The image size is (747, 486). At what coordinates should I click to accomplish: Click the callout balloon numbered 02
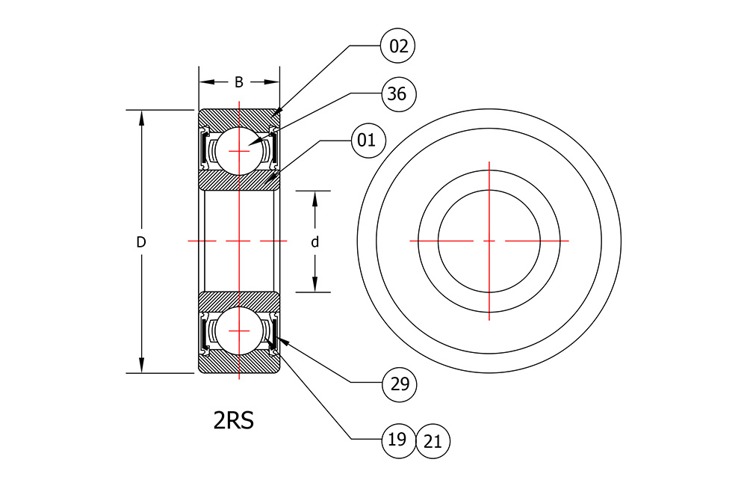point(398,46)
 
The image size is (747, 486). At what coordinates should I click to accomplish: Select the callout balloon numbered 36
point(399,94)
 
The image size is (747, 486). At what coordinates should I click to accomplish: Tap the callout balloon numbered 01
point(368,141)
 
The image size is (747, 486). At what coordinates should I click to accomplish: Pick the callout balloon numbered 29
point(399,384)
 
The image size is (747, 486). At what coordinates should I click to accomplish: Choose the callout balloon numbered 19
point(399,440)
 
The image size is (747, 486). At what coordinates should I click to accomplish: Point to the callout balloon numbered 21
point(433,441)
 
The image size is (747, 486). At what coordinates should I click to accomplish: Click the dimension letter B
point(239,82)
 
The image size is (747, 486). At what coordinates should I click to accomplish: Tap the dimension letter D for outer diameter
point(141,242)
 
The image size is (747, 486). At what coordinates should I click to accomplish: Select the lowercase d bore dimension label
point(315,242)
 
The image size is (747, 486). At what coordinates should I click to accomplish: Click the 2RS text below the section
point(233,420)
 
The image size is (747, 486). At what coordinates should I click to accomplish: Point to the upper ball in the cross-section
point(239,151)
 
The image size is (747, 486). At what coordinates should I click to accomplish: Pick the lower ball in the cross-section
point(239,330)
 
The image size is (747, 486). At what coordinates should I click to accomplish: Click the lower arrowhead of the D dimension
point(141,366)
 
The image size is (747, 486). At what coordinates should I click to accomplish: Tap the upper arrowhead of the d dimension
point(315,198)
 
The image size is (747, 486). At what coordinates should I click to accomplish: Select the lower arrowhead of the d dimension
point(315,284)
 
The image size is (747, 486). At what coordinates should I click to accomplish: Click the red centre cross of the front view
point(489,241)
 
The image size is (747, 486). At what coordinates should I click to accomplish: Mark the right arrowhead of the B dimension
point(272,82)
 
